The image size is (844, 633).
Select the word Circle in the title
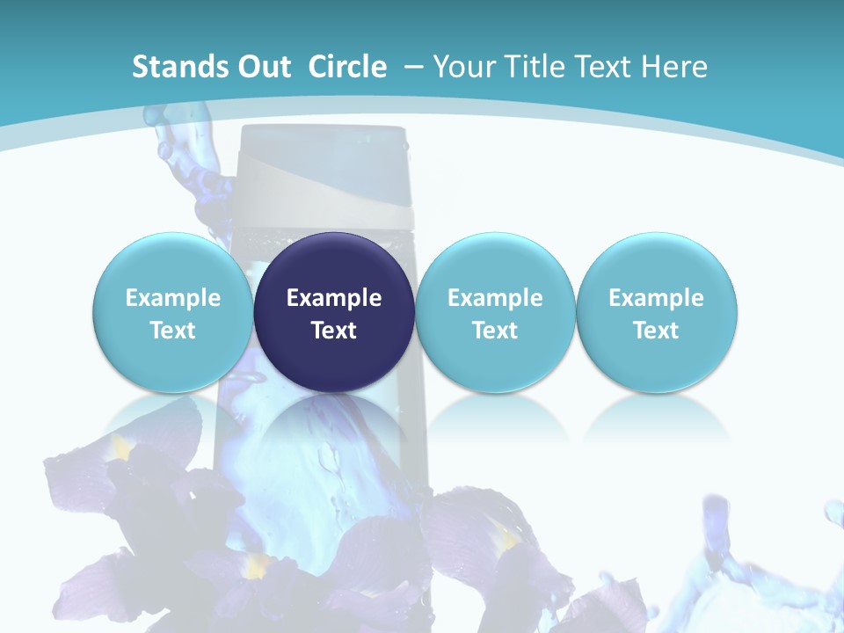(x=347, y=67)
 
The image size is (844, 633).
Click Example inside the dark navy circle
(x=334, y=298)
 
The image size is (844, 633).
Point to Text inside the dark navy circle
(x=334, y=331)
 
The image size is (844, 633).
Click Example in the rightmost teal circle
(x=657, y=298)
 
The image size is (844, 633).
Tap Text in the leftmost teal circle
(x=172, y=331)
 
